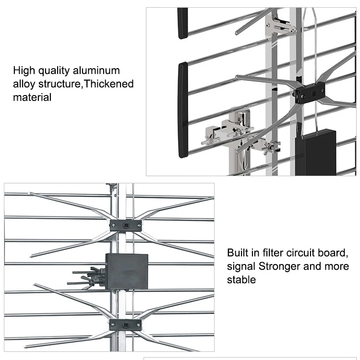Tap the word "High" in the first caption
(24, 71)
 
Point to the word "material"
(32, 97)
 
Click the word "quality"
(55, 71)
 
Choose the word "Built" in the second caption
(239, 252)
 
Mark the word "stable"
(241, 279)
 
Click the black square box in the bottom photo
(127, 271)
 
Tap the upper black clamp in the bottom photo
(125, 225)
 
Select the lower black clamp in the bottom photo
(125, 325)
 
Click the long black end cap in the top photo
(183, 110)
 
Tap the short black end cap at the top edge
(182, 23)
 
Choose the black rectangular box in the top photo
(315, 152)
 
